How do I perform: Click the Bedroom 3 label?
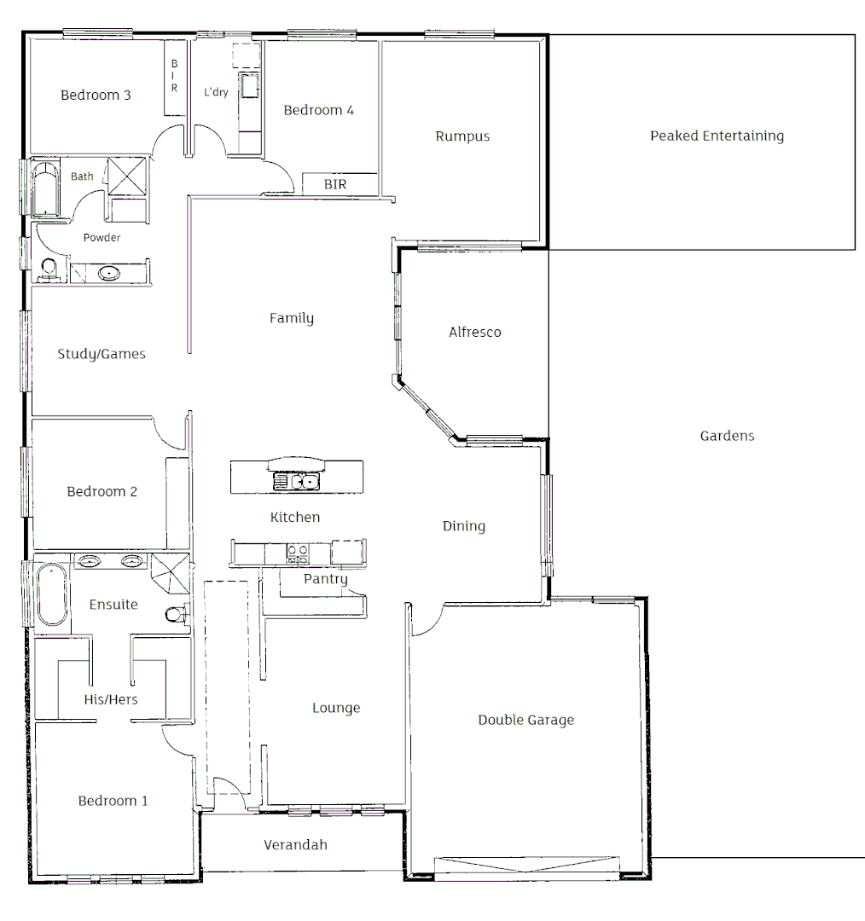[96, 95]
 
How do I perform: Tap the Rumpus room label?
[462, 136]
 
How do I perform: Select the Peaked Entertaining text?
[717, 136]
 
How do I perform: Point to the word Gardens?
[727, 436]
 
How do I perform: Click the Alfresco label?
[474, 332]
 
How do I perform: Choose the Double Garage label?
[525, 720]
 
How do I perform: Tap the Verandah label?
[295, 845]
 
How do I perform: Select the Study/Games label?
[101, 354]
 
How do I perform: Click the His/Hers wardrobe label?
[111, 699]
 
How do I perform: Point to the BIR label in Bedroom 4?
[335, 184]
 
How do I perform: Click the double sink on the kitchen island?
[296, 482]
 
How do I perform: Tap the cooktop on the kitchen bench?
[297, 554]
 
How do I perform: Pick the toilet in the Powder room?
[49, 270]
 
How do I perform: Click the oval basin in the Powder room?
[109, 274]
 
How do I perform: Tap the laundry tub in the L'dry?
[249, 86]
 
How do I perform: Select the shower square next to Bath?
[125, 177]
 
